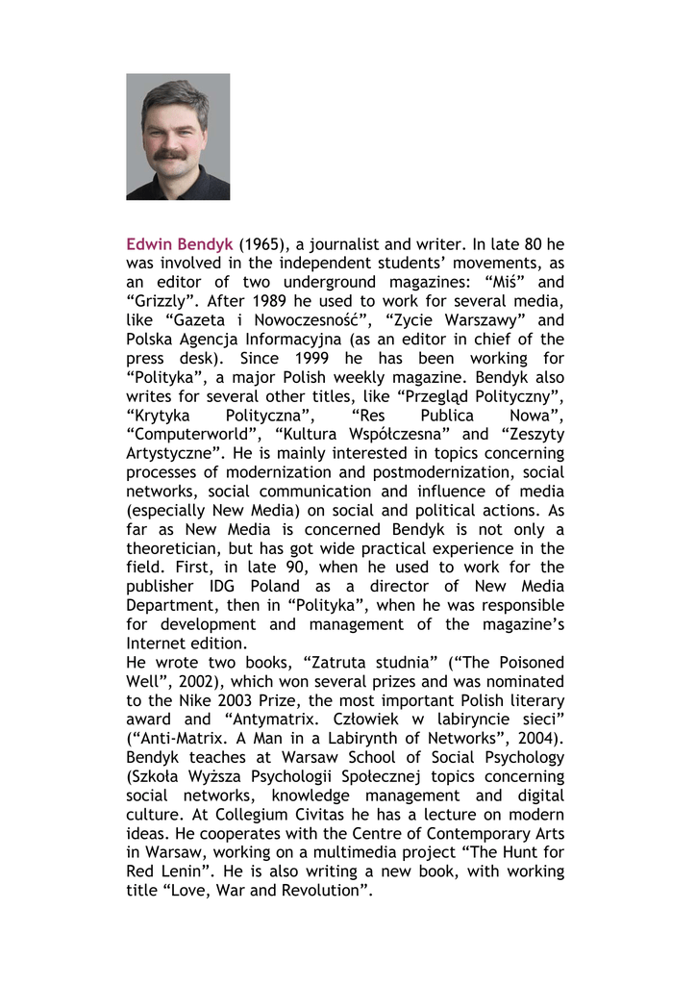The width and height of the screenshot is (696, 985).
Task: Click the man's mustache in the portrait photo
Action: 171,152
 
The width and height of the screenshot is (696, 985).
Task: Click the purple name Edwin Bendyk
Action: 180,244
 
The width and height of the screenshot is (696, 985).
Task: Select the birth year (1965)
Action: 265,244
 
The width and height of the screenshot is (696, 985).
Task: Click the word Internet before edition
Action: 158,643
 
